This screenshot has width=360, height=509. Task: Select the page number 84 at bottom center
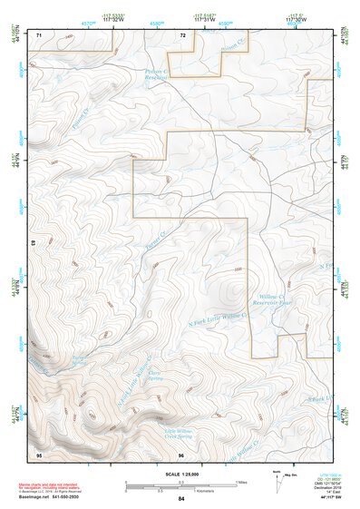point(181,499)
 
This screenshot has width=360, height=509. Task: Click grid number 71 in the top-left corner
point(39,34)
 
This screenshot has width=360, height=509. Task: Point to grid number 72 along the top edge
point(182,34)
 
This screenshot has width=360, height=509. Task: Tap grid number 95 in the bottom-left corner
point(39,453)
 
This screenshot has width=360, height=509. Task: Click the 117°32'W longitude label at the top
point(114,20)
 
